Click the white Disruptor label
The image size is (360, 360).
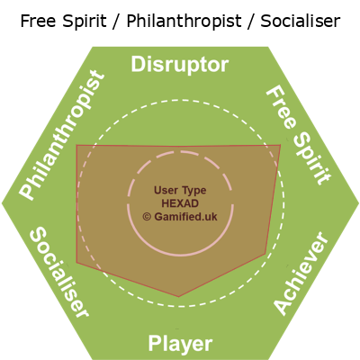tap(180, 65)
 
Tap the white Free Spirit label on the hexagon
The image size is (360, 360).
tap(299, 136)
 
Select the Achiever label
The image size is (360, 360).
tap(301, 273)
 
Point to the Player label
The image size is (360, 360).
tap(180, 344)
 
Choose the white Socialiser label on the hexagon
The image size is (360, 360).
tap(59, 272)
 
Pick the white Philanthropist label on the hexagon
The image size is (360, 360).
tap(62, 135)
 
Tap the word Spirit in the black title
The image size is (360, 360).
tap(86, 22)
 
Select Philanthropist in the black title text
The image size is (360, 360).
tap(184, 22)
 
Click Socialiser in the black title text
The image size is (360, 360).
tap(301, 21)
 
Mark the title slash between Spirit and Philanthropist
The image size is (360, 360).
tap(116, 22)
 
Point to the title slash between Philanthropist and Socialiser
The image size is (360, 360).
tap(251, 22)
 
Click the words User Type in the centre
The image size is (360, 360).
tap(180, 191)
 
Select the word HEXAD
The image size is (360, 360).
tap(180, 203)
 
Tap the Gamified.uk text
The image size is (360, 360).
tap(185, 217)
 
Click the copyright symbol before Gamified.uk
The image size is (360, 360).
tap(147, 217)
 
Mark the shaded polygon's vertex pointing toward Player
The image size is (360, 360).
tap(179, 297)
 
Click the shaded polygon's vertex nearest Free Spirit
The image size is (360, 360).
tap(281, 145)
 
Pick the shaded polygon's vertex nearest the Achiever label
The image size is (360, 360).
tap(265, 254)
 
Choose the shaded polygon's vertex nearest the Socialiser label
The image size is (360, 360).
tap(76, 263)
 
